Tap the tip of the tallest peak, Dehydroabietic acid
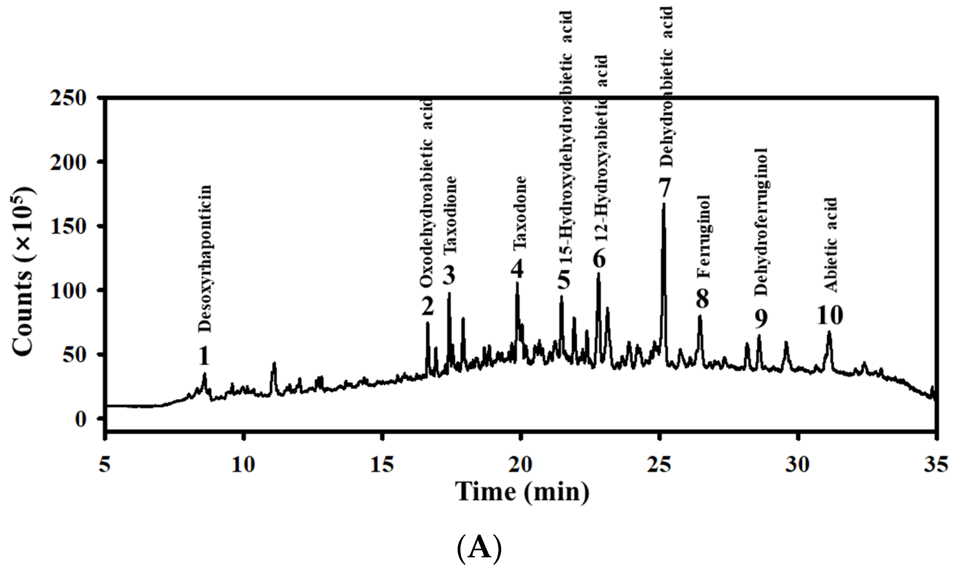[x=663, y=204]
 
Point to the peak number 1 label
[x=203, y=356]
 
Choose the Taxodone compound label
[x=520, y=214]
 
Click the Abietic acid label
[x=830, y=245]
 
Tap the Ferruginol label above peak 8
[x=704, y=242]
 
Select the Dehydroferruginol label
[x=761, y=222]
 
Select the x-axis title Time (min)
[x=522, y=492]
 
